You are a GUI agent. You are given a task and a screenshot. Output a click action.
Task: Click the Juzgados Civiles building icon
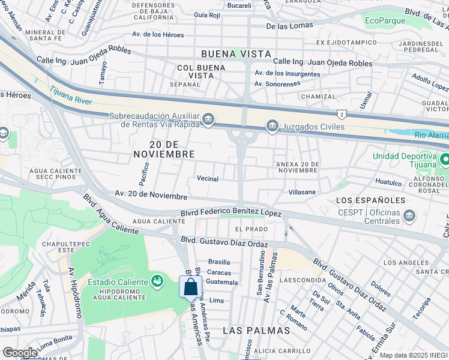tap(272, 126)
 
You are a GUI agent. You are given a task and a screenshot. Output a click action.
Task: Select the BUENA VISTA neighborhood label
tap(236, 54)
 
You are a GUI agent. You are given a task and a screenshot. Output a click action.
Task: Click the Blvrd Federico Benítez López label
tap(231, 213)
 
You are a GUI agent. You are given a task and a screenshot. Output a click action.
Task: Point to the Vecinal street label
tap(208, 179)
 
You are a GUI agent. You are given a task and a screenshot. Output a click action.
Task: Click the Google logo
tap(20, 353)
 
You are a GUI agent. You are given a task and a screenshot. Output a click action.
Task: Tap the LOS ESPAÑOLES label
tap(363, 200)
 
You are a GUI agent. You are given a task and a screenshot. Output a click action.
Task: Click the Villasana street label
tap(302, 192)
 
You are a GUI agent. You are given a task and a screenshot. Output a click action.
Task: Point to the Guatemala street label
tap(222, 282)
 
